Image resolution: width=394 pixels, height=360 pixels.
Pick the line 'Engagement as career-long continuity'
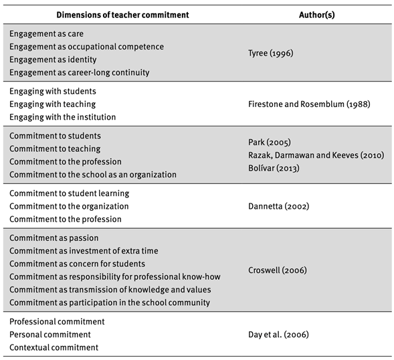[79, 72]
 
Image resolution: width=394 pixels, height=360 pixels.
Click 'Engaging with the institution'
[62, 117]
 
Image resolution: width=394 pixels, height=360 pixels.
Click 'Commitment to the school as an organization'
[93, 175]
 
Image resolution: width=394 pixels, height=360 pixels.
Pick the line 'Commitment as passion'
[54, 238]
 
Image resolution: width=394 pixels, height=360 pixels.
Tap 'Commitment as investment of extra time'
[84, 251]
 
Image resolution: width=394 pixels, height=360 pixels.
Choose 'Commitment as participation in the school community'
[110, 302]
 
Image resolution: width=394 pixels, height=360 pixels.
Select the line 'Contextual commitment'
[54, 347]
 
